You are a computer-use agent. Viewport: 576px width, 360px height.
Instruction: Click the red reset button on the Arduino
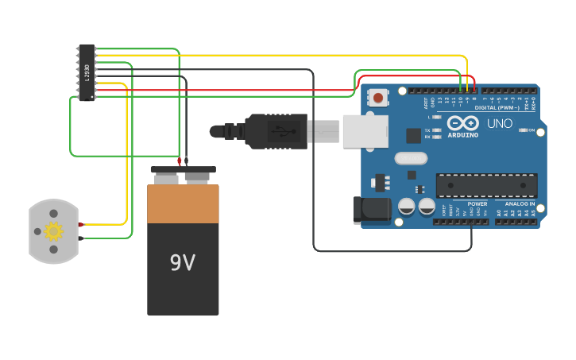pos(378,98)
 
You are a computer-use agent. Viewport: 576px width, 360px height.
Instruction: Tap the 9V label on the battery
pos(183,263)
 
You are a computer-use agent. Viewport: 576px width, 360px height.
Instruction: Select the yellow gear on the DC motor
pos(53,231)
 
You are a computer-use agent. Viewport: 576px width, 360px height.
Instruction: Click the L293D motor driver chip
pos(87,72)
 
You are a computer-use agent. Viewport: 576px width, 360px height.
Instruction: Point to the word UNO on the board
pos(500,124)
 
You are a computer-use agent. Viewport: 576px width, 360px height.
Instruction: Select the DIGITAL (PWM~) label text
pos(497,107)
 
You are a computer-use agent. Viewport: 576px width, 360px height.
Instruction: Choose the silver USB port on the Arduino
pos(365,131)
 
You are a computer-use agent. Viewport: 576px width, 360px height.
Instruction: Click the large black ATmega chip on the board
pos(486,185)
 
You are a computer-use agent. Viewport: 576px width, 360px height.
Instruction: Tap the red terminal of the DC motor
pos(81,225)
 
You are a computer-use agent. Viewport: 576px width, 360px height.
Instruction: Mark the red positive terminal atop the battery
pos(180,161)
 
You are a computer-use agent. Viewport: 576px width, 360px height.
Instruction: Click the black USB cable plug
pos(275,131)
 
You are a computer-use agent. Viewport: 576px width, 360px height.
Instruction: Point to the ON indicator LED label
pos(531,130)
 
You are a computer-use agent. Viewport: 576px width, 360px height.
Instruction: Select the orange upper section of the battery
pos(183,204)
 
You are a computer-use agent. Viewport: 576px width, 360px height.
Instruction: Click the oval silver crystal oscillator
pos(410,158)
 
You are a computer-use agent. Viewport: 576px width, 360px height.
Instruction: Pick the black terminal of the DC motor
pos(81,238)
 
